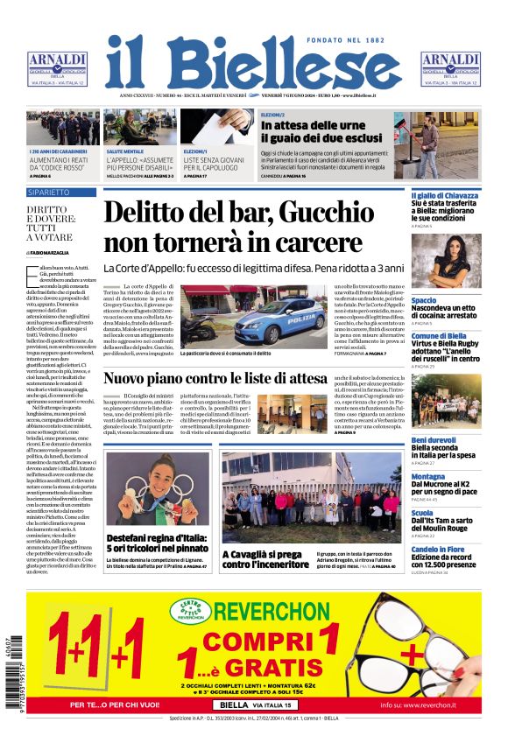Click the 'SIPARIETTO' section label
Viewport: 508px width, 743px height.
[x=49, y=192]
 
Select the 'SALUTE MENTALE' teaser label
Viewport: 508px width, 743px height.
[x=126, y=151]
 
